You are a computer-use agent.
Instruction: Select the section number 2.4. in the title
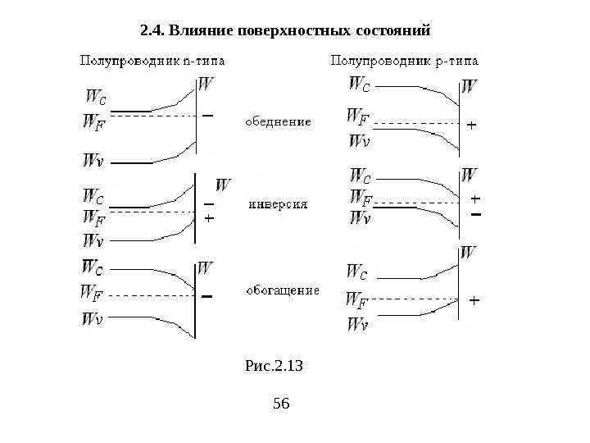152,31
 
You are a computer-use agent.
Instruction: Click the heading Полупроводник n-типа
153,60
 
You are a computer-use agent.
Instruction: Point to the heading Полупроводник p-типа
405,60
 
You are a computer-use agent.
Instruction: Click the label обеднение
279,122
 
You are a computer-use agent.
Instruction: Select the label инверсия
278,206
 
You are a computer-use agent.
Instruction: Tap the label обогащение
283,290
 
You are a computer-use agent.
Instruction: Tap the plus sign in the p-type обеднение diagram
471,126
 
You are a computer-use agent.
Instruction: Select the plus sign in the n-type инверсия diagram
208,219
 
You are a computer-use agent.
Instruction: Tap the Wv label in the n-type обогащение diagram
93,319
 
